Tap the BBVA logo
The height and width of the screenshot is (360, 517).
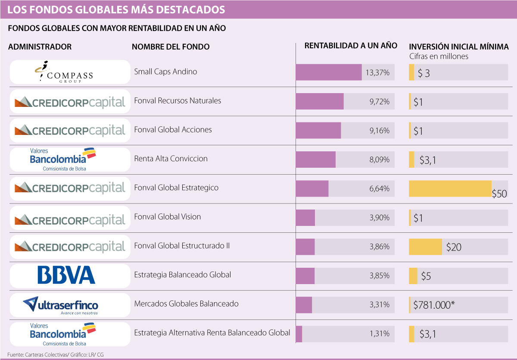point(66,275)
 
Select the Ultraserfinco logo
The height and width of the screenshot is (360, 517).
point(63,304)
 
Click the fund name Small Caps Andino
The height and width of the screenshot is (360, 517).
point(165,72)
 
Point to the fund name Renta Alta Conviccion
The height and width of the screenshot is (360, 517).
point(171,159)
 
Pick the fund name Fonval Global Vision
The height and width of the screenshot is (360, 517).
point(168,217)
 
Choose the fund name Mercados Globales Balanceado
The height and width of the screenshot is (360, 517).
point(186,304)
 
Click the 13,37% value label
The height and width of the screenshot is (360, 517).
point(377,73)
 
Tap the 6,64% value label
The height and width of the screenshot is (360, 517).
point(379,189)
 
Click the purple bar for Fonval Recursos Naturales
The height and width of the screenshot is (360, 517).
point(320,101)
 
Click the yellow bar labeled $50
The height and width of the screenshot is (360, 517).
point(450,188)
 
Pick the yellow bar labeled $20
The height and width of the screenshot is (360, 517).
point(425,247)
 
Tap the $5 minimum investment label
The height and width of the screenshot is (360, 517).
point(426,276)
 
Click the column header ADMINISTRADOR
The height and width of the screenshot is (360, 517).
point(40,47)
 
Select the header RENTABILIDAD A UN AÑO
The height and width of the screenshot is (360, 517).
point(351,46)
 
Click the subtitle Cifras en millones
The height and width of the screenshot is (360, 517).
point(438,56)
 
